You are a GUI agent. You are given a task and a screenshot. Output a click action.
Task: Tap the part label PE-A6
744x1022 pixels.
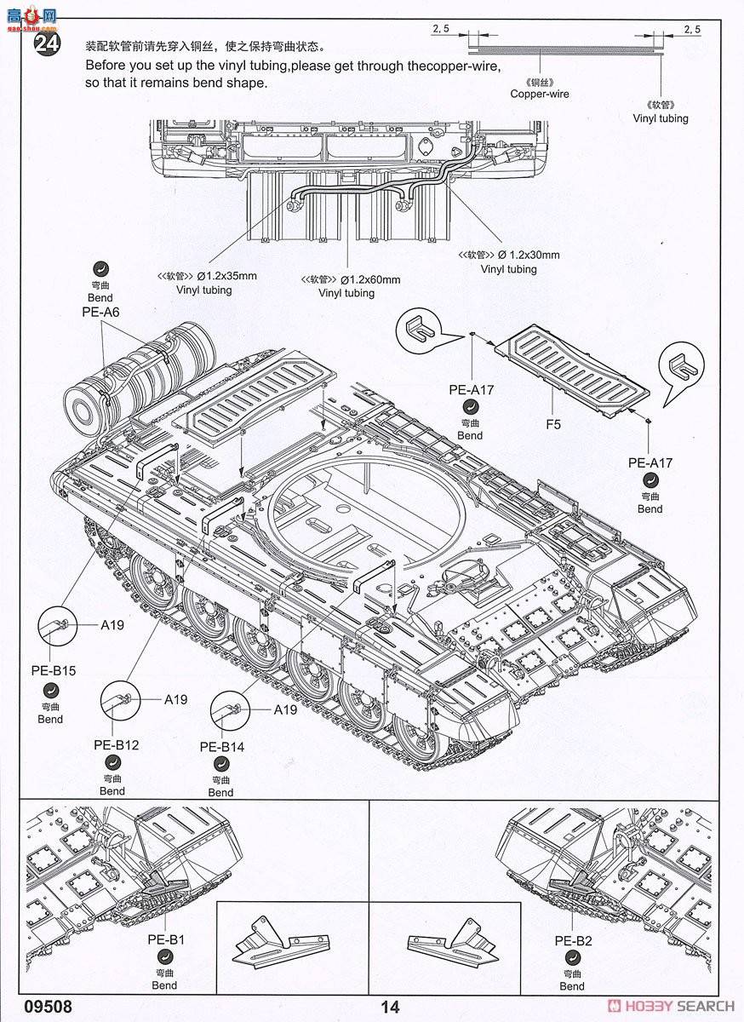100,313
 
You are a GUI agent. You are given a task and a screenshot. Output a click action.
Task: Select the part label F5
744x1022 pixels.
553,423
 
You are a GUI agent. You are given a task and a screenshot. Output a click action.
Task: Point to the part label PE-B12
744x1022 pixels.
116,744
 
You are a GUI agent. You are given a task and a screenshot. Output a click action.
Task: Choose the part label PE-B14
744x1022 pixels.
222,746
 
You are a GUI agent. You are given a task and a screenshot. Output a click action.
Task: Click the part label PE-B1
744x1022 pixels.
165,940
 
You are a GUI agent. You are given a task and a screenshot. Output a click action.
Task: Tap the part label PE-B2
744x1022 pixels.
573,940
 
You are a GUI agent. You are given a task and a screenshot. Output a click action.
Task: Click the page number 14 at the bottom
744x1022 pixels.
390,1007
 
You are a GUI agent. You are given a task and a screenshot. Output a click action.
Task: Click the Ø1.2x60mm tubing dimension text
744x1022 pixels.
369,279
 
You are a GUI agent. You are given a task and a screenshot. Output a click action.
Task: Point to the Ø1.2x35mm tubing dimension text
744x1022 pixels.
226,276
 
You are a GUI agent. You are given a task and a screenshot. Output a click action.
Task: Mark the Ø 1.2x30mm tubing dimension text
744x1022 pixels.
529,255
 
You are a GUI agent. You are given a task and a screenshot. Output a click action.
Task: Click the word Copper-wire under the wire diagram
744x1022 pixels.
540,94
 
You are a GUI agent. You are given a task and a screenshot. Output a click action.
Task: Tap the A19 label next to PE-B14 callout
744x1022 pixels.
285,709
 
